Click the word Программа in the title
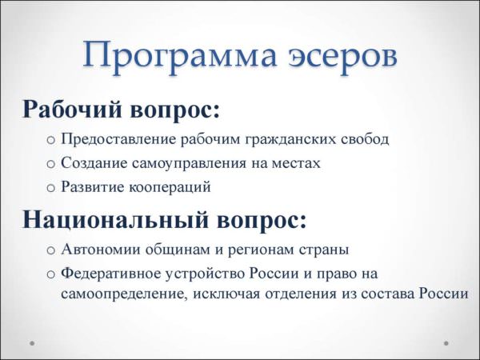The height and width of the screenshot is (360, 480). [180, 56]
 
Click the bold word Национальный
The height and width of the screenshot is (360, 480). [115, 219]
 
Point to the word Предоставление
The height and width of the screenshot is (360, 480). [118, 140]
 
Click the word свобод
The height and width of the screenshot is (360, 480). [365, 139]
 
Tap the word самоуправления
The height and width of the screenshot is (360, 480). [189, 164]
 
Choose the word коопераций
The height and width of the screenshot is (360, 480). [170, 187]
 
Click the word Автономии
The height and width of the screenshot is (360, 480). [101, 250]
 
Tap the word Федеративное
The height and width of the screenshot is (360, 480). [111, 274]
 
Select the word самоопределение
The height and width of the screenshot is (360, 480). [124, 294]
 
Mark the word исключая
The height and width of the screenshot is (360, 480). [227, 294]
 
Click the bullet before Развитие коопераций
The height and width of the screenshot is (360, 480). [50, 188]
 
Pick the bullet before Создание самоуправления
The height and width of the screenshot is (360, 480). [50, 164]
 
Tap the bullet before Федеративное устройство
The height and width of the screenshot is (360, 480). [50, 274]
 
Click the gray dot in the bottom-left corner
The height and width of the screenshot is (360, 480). [32, 343]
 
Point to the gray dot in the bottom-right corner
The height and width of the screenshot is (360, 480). [446, 343]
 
